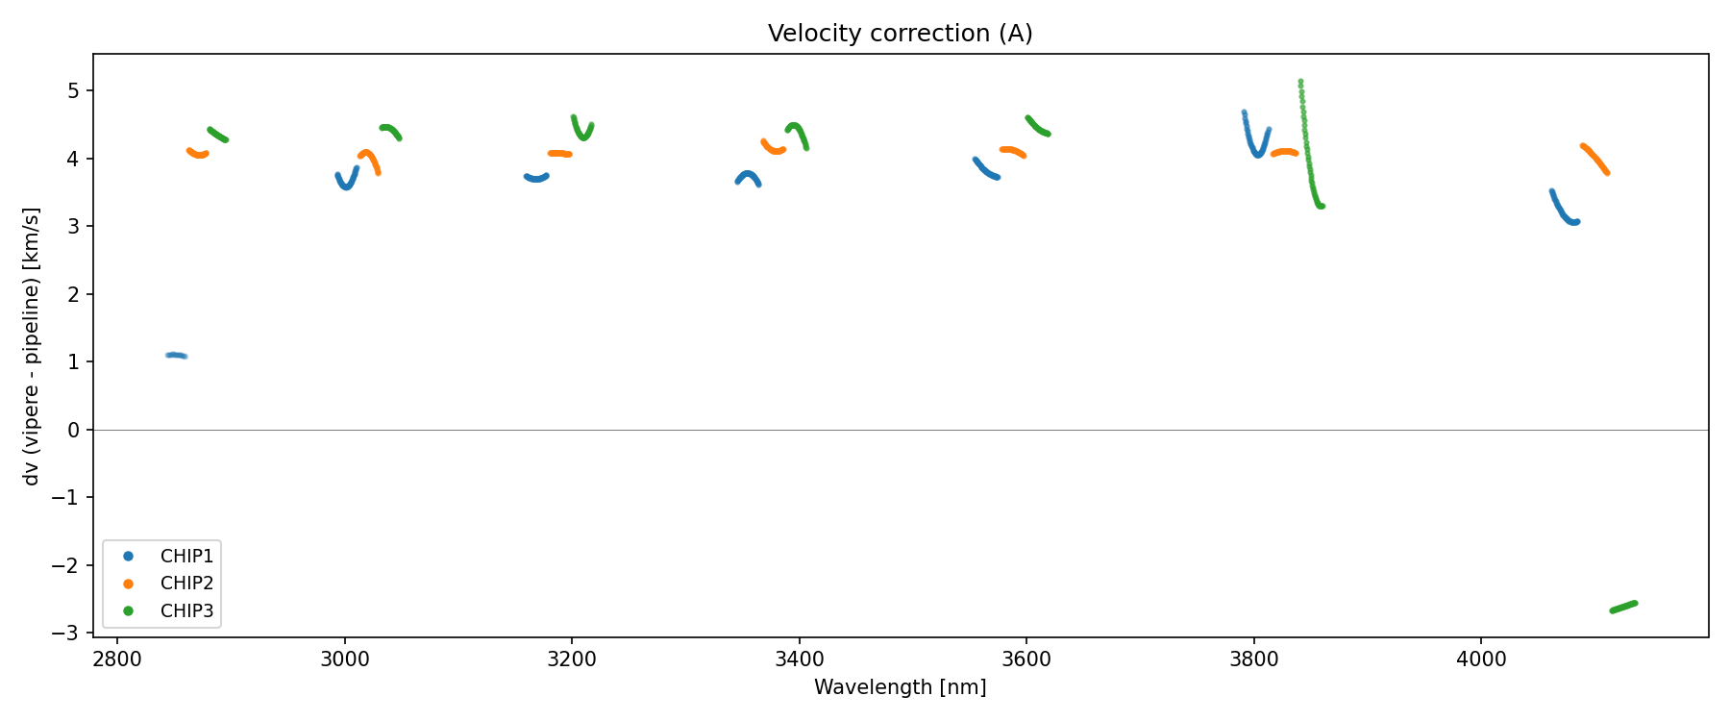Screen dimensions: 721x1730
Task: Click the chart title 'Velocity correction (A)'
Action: pyautogui.click(x=900, y=34)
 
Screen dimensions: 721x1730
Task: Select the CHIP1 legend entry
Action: pyautogui.click(x=186, y=557)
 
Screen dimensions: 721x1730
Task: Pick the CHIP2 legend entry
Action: pyautogui.click(x=186, y=584)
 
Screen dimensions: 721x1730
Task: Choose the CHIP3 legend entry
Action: pyautogui.click(x=186, y=611)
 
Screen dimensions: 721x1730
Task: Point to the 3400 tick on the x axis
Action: pyautogui.click(x=799, y=659)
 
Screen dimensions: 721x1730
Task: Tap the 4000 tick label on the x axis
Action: pyautogui.click(x=1481, y=659)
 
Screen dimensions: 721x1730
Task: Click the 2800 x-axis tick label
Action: pyautogui.click(x=117, y=659)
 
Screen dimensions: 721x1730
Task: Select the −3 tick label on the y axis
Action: pyautogui.click(x=68, y=634)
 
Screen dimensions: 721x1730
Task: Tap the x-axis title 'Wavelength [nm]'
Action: pyautogui.click(x=900, y=687)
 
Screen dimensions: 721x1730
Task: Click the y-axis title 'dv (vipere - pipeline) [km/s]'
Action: pyautogui.click(x=32, y=346)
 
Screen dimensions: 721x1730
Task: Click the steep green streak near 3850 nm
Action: pyautogui.click(x=1306, y=144)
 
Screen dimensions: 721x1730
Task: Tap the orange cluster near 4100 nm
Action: pyautogui.click(x=1594, y=159)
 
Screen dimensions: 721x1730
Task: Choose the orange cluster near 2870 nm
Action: pyautogui.click(x=198, y=154)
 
